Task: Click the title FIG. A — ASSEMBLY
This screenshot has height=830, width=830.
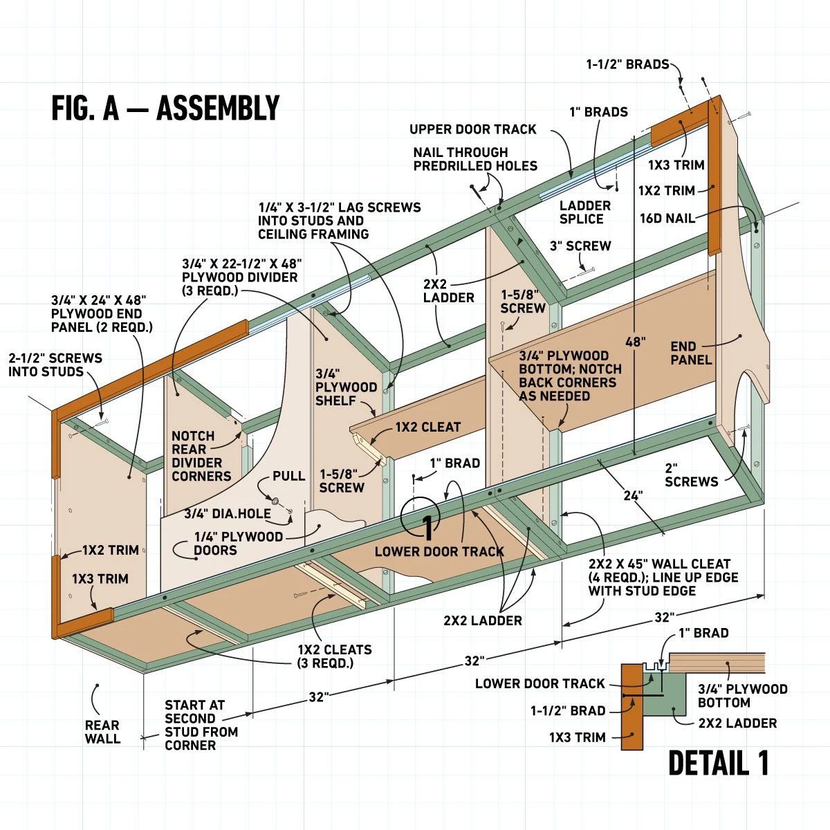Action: point(165,109)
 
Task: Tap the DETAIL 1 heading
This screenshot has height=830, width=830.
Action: point(719,763)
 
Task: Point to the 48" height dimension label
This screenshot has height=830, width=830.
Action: point(635,342)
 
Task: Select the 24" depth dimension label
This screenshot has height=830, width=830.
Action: point(632,495)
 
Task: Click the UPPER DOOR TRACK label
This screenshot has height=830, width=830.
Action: point(472,129)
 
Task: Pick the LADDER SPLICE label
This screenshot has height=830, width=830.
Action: point(584,212)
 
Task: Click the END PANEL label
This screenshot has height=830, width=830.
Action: point(691,352)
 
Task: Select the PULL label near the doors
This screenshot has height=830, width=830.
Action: point(288,476)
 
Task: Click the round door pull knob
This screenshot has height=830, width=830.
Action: point(275,501)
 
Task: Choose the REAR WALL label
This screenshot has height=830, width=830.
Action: point(102,732)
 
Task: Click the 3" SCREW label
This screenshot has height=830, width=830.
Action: point(580,246)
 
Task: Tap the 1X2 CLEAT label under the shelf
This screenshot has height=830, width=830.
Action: point(427,427)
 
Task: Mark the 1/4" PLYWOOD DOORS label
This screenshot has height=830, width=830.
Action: point(228,544)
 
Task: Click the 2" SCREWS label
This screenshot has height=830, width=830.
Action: point(691,474)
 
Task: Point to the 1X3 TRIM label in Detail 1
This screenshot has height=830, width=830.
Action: point(577,737)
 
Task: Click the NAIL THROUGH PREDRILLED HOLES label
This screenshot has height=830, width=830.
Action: point(475,158)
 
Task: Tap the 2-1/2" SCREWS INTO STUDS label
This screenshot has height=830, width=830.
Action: point(55,365)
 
